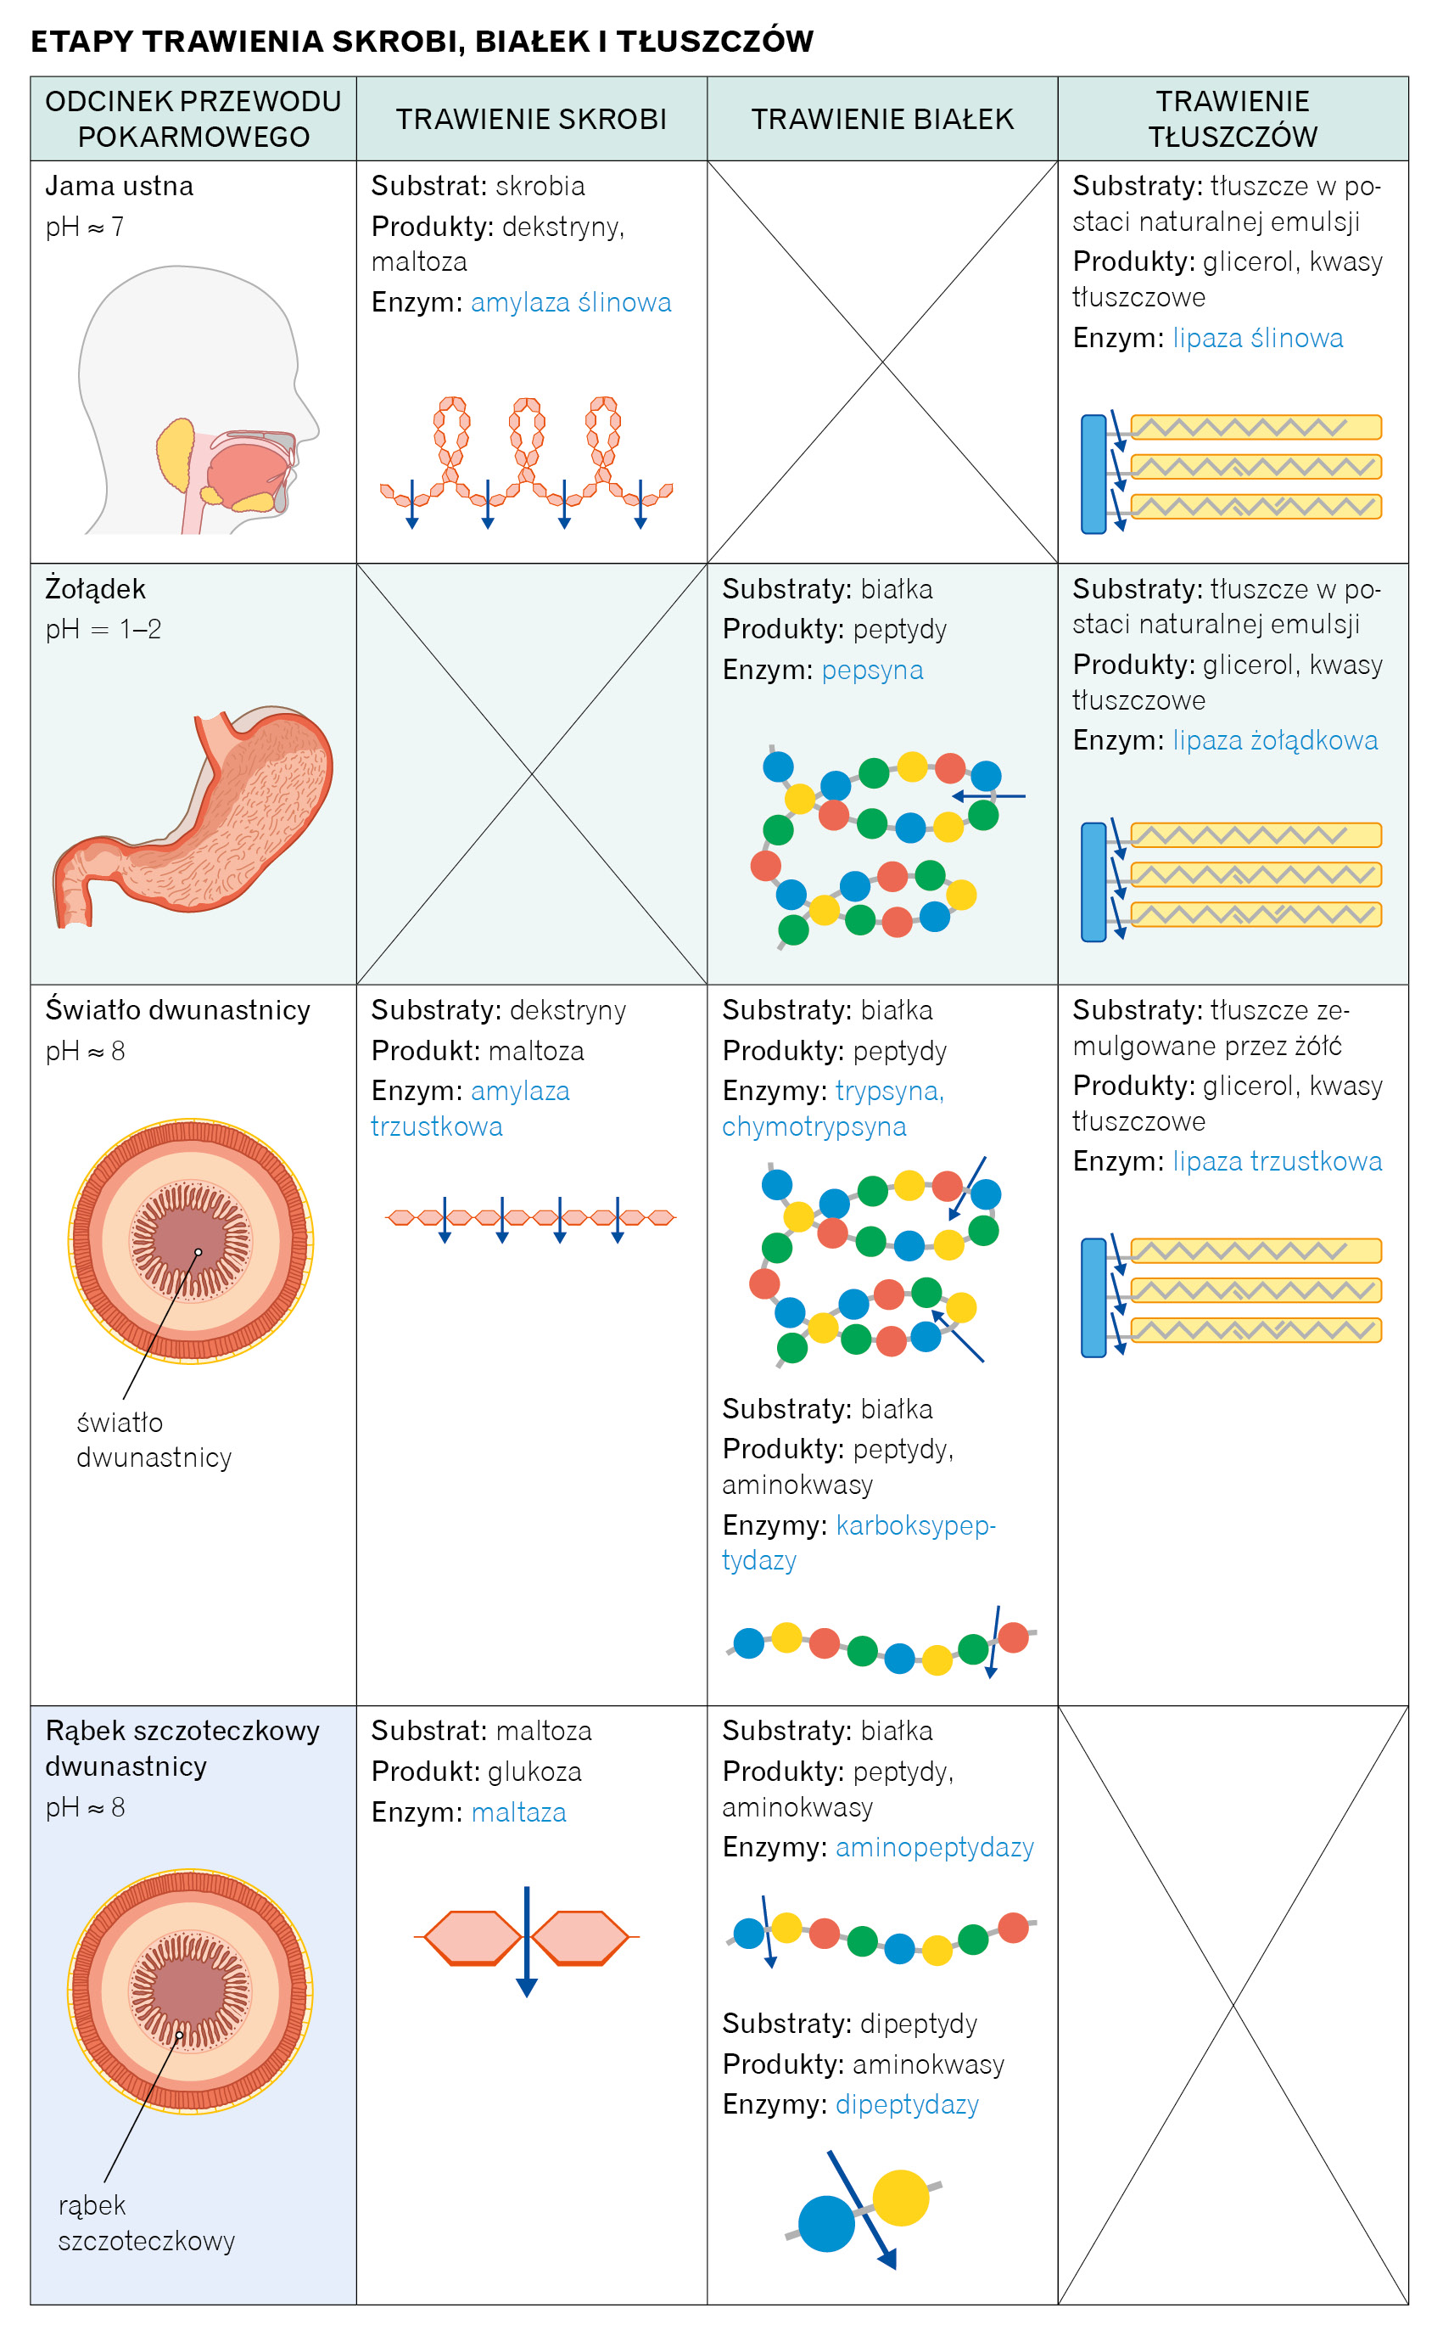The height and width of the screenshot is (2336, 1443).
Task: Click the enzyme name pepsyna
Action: [871, 670]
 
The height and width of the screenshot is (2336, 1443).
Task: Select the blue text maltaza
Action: [518, 1812]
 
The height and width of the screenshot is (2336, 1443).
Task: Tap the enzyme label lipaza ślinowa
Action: [1257, 338]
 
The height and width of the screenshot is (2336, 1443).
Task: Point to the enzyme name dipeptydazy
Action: [907, 2104]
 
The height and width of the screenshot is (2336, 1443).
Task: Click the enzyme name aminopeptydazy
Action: [934, 1847]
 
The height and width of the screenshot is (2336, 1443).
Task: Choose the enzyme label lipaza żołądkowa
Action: [1274, 740]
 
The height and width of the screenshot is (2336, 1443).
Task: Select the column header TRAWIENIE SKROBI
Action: [531, 120]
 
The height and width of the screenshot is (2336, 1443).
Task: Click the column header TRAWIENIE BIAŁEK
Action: [882, 120]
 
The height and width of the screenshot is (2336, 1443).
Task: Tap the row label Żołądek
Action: [95, 589]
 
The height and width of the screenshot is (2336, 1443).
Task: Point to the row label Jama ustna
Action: [120, 186]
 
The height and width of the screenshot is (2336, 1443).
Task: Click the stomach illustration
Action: [196, 817]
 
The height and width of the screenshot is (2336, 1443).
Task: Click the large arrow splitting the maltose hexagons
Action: [527, 1943]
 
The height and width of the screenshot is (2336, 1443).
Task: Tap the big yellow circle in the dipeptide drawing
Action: [900, 2197]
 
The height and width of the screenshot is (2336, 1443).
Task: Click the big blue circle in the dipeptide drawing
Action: [825, 2223]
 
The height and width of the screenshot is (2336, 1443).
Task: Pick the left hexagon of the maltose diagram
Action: [473, 1937]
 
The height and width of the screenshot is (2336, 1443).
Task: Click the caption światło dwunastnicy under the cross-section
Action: [154, 1440]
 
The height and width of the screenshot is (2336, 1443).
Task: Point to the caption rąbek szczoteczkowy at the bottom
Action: [146, 2222]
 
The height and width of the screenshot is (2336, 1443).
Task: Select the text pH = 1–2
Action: [103, 630]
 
